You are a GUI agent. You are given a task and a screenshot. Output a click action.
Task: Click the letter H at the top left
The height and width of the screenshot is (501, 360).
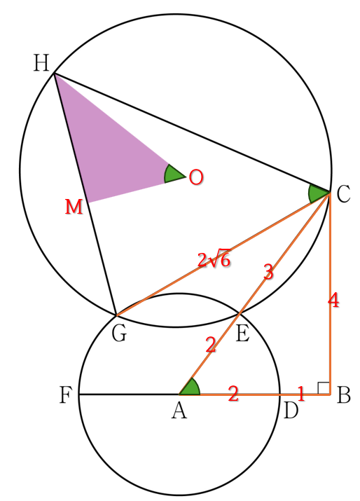click(x=41, y=63)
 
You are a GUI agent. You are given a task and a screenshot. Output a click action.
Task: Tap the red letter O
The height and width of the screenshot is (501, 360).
click(x=196, y=177)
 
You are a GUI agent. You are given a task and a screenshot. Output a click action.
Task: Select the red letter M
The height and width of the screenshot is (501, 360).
click(x=74, y=207)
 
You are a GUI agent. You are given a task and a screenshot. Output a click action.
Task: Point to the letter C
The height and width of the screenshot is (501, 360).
click(x=343, y=194)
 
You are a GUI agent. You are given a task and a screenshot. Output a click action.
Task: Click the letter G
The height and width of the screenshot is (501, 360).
click(x=120, y=334)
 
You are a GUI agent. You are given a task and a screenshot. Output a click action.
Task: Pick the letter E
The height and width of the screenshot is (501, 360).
click(x=242, y=334)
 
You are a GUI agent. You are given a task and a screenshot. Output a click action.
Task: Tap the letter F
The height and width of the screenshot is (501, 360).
click(x=66, y=395)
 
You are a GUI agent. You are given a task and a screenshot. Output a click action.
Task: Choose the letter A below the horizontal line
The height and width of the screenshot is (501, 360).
click(x=179, y=411)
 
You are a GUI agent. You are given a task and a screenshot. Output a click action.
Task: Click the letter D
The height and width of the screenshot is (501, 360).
click(x=291, y=411)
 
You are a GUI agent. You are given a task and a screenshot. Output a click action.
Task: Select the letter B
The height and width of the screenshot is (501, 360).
click(x=344, y=395)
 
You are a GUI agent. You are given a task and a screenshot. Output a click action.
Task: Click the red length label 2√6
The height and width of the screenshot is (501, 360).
click(x=214, y=259)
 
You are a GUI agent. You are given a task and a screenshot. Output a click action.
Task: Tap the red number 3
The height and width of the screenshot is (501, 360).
click(x=268, y=272)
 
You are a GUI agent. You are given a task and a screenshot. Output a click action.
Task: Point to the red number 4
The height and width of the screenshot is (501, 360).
click(x=333, y=301)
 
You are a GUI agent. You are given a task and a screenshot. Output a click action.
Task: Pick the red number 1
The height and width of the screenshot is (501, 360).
click(x=300, y=394)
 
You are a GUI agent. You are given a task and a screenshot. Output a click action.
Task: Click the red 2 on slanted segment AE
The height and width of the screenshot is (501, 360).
click(x=211, y=345)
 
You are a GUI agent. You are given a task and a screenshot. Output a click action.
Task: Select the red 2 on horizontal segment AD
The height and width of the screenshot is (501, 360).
click(x=233, y=394)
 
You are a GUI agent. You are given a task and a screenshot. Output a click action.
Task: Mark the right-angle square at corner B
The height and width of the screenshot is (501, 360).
click(x=324, y=388)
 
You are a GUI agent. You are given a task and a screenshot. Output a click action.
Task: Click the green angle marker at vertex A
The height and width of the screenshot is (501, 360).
click(x=191, y=387)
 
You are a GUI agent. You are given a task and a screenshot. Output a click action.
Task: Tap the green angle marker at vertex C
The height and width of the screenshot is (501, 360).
click(x=318, y=194)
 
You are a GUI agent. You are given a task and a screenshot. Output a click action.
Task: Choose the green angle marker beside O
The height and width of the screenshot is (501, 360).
click(x=173, y=174)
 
